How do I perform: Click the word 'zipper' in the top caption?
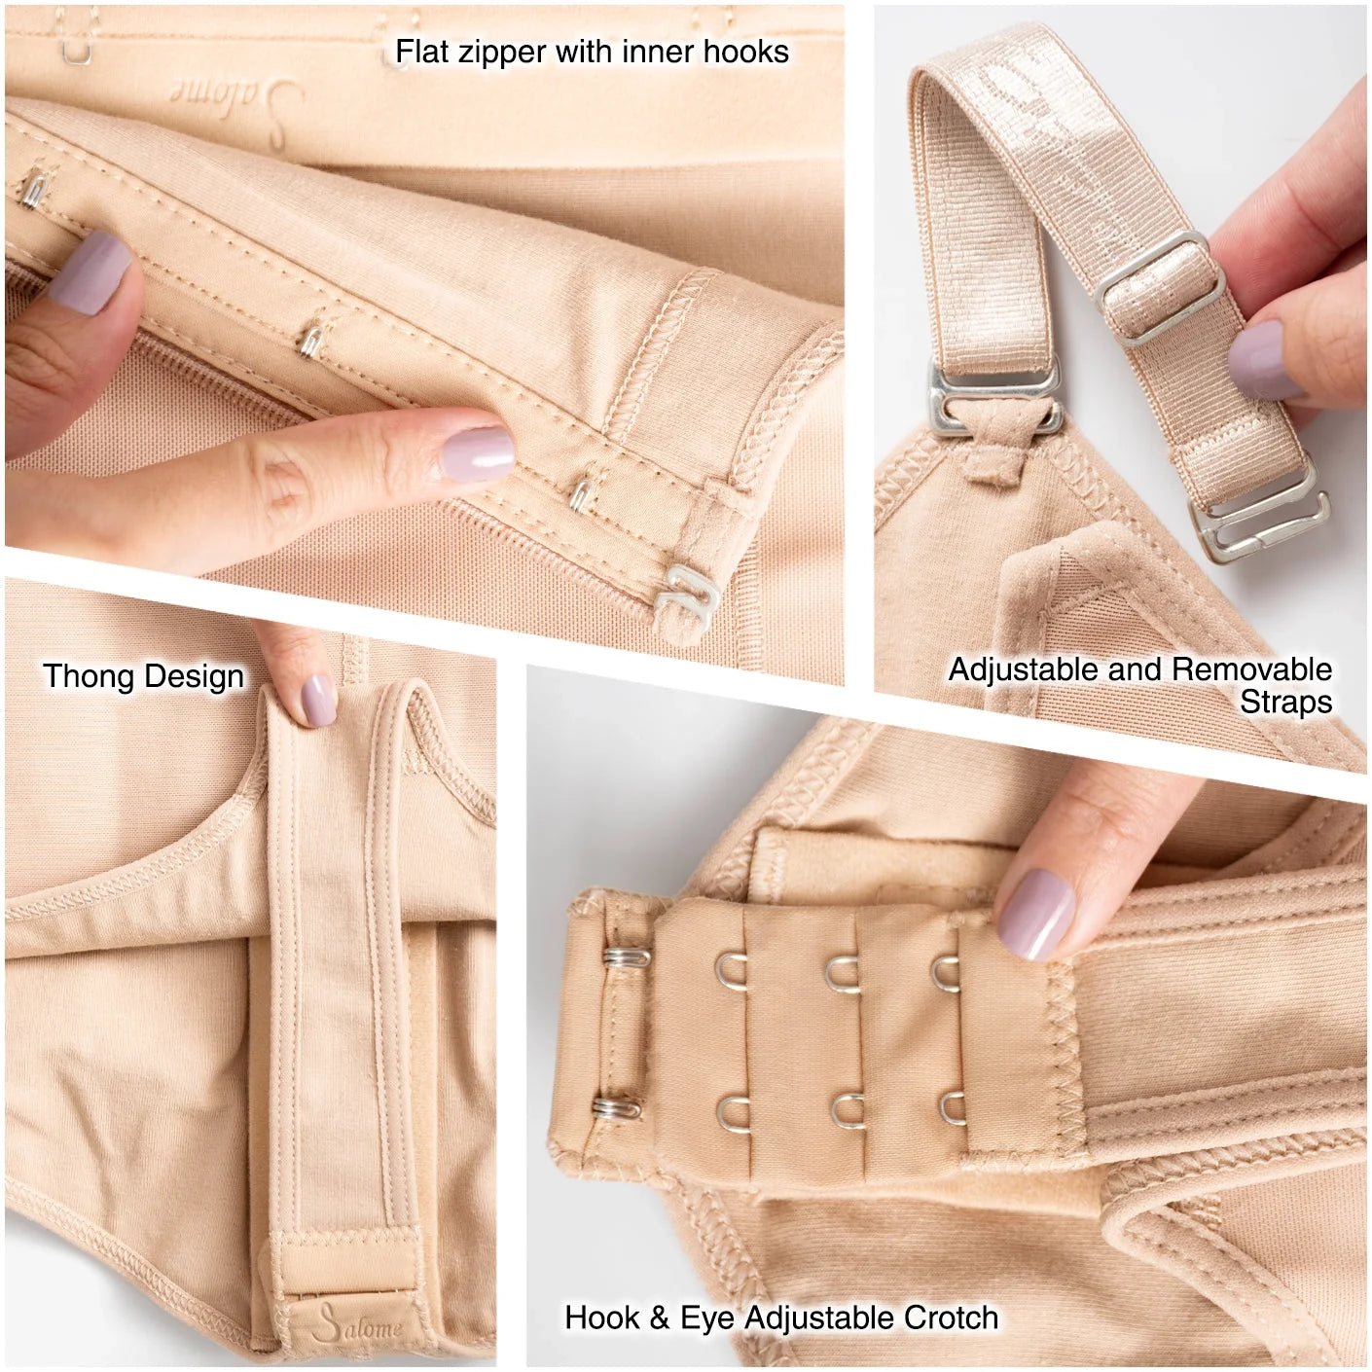pyautogui.click(x=504, y=52)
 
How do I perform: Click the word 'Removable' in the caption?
pyautogui.click(x=1251, y=669)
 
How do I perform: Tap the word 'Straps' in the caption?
pyautogui.click(x=1285, y=703)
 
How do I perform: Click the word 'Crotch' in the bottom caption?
pyautogui.click(x=951, y=1318)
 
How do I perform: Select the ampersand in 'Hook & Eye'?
pyautogui.click(x=660, y=1318)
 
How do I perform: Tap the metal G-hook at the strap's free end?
pyautogui.click(x=1264, y=525)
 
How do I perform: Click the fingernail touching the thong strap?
pyautogui.click(x=319, y=701)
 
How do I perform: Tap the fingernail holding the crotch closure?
pyautogui.click(x=1036, y=914)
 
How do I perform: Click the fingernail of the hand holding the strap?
pyautogui.click(x=1267, y=360)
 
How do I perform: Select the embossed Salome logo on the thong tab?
pyautogui.click(x=360, y=1324)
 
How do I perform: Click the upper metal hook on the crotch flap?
pyautogui.click(x=627, y=957)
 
